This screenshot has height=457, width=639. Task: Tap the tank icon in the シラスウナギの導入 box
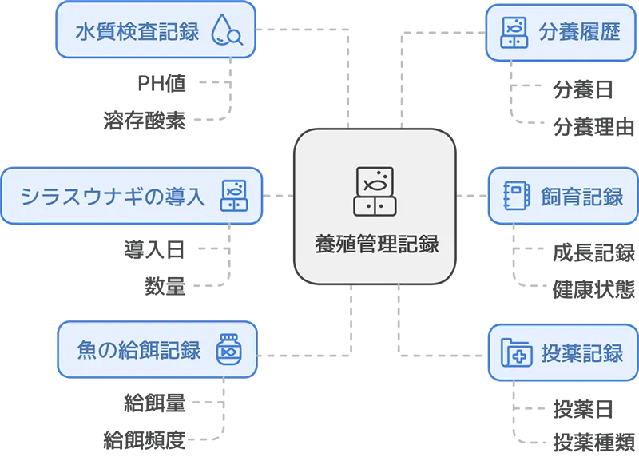[233, 196]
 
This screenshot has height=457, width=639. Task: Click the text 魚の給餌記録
[136, 351]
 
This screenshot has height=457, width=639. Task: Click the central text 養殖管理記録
[375, 244]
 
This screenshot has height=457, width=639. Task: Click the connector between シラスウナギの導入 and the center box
[277, 196]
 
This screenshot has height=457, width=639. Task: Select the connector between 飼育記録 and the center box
[472, 196]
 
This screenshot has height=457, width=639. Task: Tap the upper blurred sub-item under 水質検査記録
[162, 83]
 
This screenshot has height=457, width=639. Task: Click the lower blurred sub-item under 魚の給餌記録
[145, 438]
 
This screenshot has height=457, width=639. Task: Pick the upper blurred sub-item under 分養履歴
[582, 89]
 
